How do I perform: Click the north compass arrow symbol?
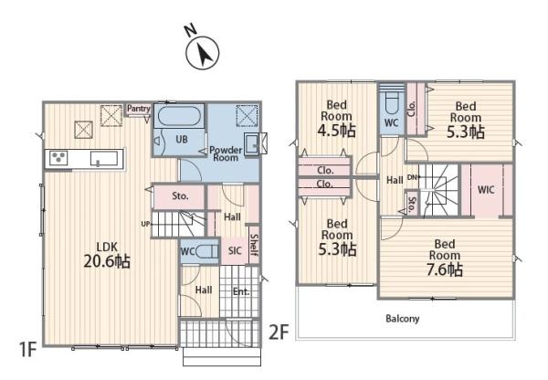202,53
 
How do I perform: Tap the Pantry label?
139,109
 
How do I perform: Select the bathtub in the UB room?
179,116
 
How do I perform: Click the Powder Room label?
226,153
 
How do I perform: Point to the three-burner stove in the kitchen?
58,158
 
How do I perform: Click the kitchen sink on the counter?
104,158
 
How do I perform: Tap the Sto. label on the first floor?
180,196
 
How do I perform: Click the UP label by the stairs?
145,224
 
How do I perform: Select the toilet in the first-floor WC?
207,251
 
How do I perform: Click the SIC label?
235,250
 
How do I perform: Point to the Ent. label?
241,291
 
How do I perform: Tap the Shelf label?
255,245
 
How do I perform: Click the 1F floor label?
28,350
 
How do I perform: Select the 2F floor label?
279,332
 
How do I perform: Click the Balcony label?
402,319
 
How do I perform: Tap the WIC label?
486,190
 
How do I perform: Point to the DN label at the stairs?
413,177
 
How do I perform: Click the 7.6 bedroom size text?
445,270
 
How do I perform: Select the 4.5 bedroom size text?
336,131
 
